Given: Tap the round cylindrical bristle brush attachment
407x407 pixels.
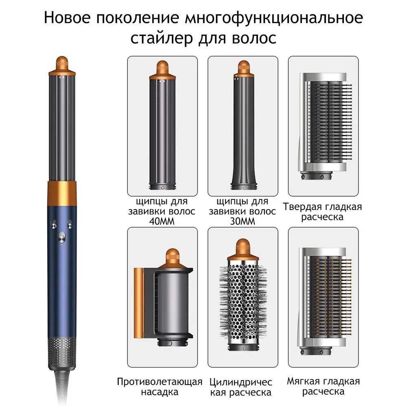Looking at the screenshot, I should [x=243, y=301].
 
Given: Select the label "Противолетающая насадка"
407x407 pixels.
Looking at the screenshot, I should [x=160, y=387].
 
